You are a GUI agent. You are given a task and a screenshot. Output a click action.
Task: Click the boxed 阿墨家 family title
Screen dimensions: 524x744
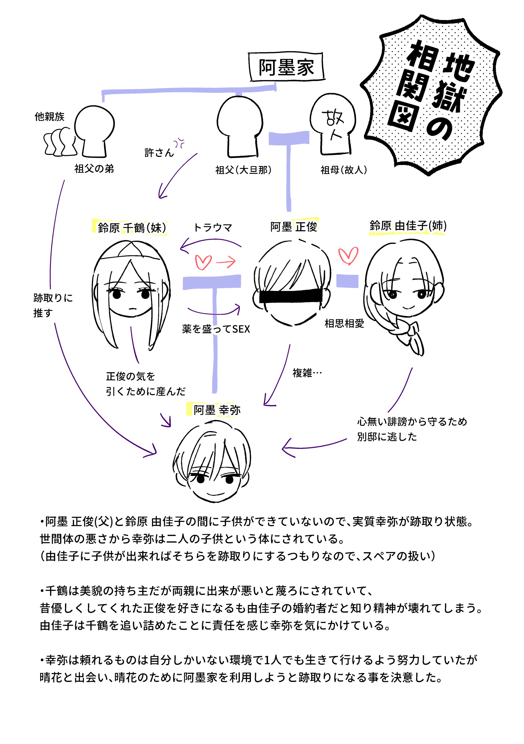click(286, 67)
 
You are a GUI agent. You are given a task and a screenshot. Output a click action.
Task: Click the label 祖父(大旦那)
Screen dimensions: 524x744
click(243, 170)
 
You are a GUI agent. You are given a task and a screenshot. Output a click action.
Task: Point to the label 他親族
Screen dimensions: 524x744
click(50, 117)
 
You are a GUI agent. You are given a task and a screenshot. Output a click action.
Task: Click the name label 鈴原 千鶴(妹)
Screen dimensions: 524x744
click(132, 227)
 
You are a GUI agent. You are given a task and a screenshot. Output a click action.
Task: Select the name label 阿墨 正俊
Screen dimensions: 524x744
click(294, 226)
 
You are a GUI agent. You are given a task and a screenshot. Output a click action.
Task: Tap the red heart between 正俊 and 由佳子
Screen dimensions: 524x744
click(348, 255)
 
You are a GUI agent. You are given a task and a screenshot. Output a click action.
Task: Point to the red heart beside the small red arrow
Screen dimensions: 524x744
click(203, 262)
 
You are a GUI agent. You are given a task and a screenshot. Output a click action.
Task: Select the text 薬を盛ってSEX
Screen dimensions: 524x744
click(216, 329)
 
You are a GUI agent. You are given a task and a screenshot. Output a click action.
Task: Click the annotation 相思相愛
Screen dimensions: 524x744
click(344, 323)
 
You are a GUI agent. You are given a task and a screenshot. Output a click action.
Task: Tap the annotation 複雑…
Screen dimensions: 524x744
click(307, 373)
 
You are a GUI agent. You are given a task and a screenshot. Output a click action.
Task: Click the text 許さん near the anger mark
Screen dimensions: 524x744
click(159, 152)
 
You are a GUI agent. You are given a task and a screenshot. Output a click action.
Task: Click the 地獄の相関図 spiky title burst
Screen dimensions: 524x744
click(431, 94)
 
